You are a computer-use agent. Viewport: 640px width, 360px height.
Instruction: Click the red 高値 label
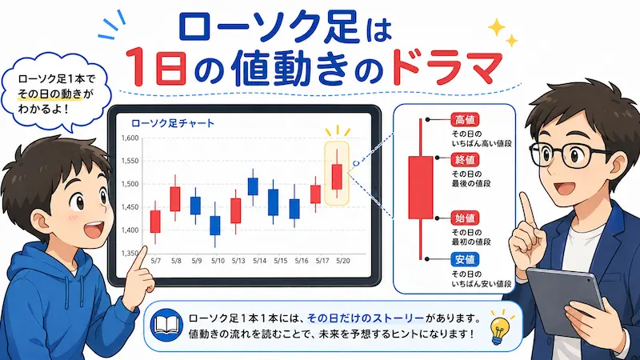(x=465, y=120)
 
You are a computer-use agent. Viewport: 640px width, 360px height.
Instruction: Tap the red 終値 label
(x=465, y=160)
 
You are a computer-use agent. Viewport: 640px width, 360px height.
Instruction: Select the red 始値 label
(x=465, y=218)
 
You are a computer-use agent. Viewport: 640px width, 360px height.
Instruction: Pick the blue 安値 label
(x=465, y=259)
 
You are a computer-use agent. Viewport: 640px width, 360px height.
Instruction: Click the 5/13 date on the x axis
(x=238, y=261)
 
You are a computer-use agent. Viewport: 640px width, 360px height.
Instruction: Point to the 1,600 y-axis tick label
(x=130, y=138)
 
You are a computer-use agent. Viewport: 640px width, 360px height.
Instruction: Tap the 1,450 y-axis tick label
(x=130, y=207)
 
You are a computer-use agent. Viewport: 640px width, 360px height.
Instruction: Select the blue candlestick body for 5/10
(x=215, y=226)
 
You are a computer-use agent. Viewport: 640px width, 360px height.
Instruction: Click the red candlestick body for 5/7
(x=155, y=222)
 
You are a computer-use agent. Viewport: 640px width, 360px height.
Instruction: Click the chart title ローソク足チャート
(x=173, y=123)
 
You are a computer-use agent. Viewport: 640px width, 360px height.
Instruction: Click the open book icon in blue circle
(x=166, y=326)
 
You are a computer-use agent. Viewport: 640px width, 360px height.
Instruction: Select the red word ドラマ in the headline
(x=446, y=66)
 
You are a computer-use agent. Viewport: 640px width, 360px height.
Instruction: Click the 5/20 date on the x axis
(x=343, y=261)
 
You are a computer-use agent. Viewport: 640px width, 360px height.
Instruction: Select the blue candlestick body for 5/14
(x=253, y=186)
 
